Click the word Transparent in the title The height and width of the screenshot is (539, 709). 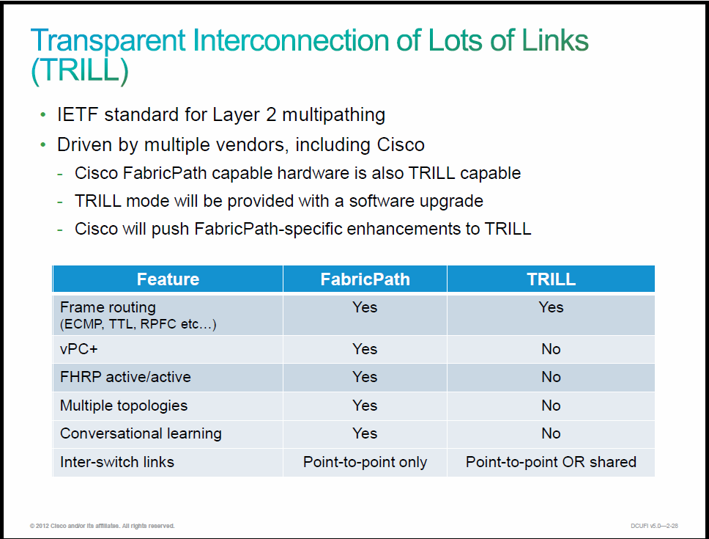pos(108,41)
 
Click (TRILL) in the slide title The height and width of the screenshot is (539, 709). pos(80,70)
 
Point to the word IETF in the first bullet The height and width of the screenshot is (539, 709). pos(78,114)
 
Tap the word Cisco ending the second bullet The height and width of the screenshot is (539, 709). pos(401,144)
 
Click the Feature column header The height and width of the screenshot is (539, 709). pos(168,279)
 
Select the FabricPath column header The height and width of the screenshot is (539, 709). pos(365,279)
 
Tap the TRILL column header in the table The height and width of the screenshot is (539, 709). pos(551,279)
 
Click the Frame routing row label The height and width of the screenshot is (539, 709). pos(108,307)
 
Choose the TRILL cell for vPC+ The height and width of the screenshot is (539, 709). pos(551,349)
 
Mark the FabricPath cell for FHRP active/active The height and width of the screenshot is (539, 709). pos(365,377)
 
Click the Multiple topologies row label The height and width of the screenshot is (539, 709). pos(124,406)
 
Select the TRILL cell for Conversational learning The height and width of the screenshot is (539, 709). pos(551,433)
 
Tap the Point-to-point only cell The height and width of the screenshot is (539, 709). pos(365,462)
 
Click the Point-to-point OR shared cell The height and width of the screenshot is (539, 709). pos(551,462)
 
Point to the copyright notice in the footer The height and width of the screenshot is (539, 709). pos(103,526)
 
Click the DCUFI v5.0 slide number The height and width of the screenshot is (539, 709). pos(654,526)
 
